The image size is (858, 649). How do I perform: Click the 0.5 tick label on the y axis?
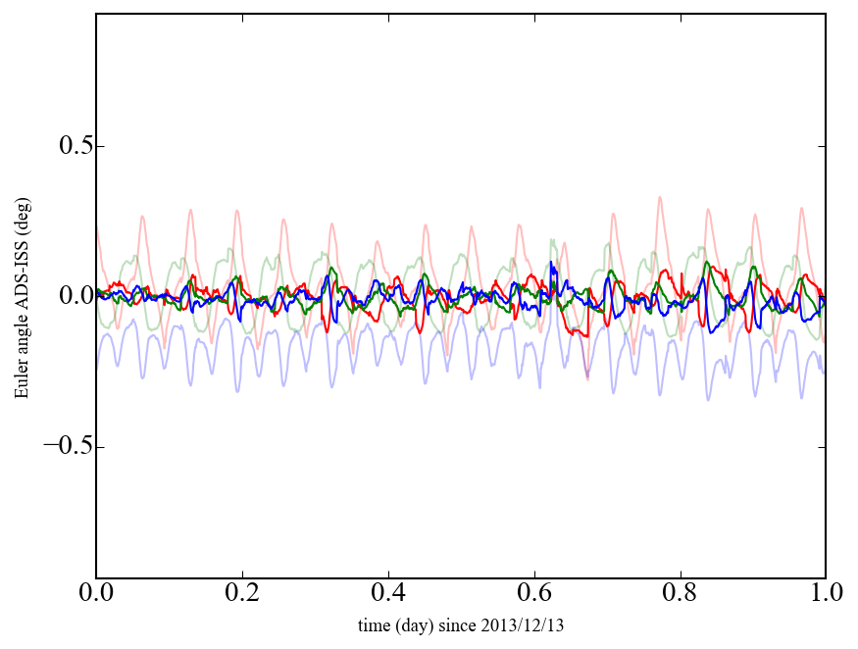62,146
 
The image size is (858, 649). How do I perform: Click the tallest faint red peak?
661,197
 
